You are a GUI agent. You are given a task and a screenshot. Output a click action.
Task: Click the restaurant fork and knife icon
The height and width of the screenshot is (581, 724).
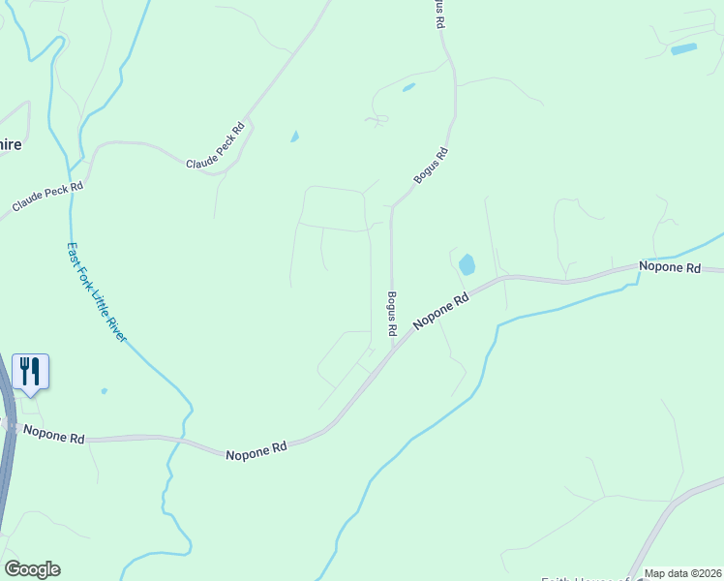30,370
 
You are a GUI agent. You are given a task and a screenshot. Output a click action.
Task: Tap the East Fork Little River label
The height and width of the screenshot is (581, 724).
96,291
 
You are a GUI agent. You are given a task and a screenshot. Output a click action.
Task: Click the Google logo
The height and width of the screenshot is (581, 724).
32,569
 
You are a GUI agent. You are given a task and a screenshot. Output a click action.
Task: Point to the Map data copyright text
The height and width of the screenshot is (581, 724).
681,573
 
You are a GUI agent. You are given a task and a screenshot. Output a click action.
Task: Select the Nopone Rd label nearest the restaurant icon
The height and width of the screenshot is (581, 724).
53,436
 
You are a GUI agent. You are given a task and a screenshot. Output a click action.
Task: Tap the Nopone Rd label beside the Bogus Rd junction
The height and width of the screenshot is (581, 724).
441,312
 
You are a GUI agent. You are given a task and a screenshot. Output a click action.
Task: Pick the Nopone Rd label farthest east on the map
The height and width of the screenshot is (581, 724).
669,266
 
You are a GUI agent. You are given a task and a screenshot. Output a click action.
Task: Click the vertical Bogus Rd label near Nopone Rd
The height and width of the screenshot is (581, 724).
392,314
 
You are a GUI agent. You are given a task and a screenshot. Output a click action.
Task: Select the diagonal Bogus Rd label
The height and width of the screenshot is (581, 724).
432,166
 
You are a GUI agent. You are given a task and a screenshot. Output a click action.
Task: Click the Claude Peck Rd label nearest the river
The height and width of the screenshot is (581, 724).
48,197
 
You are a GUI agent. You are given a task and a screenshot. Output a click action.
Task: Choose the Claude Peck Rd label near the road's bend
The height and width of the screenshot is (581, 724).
218,158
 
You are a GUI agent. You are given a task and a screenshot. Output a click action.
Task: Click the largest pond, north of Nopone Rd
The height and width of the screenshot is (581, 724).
467,264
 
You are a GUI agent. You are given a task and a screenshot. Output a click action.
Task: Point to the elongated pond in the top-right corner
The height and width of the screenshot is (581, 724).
683,48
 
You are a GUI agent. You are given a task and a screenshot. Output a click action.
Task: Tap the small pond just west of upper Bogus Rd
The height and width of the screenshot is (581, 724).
408,87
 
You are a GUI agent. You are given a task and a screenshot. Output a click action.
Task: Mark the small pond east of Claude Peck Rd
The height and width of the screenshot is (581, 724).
294,137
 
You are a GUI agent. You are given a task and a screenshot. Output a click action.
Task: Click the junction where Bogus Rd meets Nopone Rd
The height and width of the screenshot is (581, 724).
391,351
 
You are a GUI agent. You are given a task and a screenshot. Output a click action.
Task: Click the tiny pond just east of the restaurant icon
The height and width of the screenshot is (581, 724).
104,391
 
